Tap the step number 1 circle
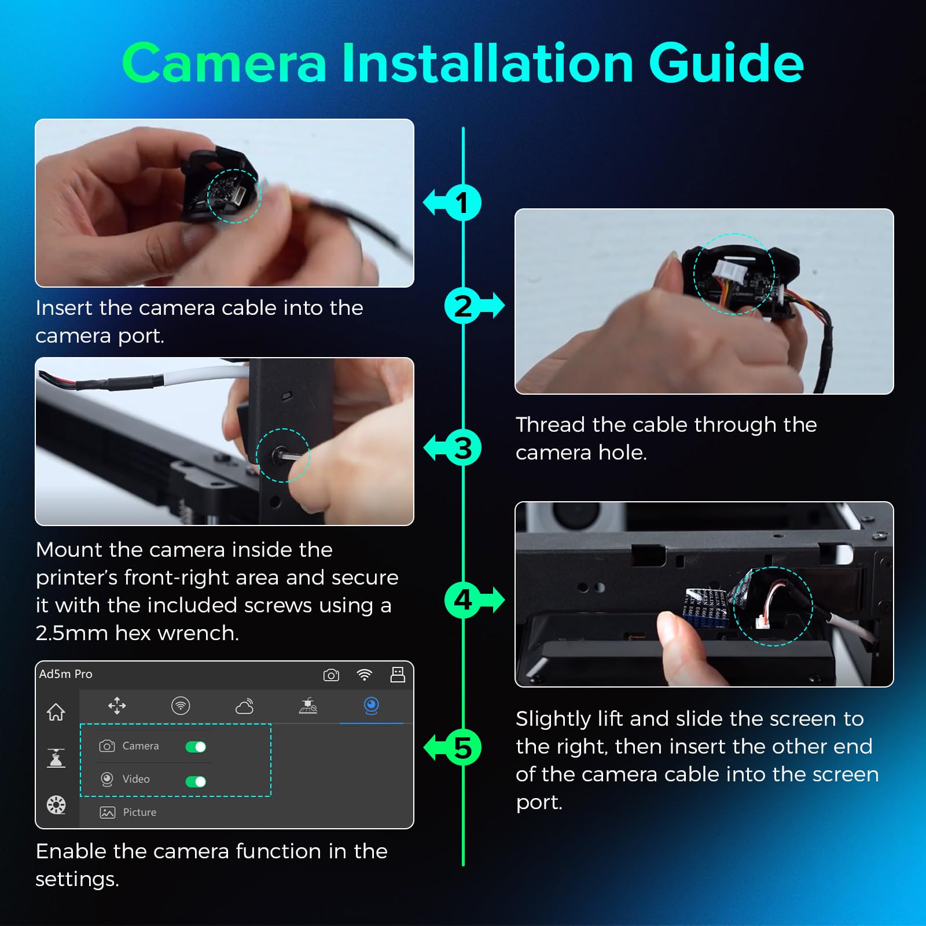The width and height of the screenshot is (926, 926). pyautogui.click(x=463, y=203)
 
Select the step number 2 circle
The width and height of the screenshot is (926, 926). pyautogui.click(x=463, y=306)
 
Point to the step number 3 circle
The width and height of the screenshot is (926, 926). pyautogui.click(x=463, y=447)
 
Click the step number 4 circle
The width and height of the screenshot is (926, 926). pyautogui.click(x=463, y=600)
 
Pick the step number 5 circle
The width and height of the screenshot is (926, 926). pyautogui.click(x=463, y=747)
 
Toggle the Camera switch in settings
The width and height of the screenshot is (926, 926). pyautogui.click(x=196, y=747)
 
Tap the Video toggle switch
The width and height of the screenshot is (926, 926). pyautogui.click(x=196, y=781)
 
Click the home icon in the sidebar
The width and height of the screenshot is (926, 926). pyautogui.click(x=56, y=711)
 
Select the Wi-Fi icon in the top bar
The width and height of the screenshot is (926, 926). pyautogui.click(x=365, y=675)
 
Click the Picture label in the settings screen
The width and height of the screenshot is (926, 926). pyautogui.click(x=139, y=812)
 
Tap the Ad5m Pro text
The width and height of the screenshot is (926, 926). pyautogui.click(x=65, y=674)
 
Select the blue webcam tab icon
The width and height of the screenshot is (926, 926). pyautogui.click(x=372, y=705)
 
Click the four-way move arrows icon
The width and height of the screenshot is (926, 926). pyautogui.click(x=117, y=705)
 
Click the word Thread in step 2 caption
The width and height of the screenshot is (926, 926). pyautogui.click(x=550, y=425)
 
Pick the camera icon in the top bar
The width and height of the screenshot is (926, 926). pyautogui.click(x=331, y=675)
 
